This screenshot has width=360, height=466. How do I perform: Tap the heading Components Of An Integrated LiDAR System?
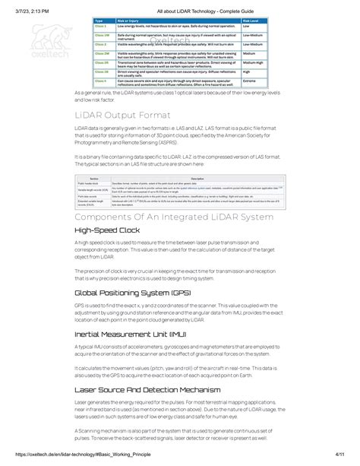click(x=174, y=217)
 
